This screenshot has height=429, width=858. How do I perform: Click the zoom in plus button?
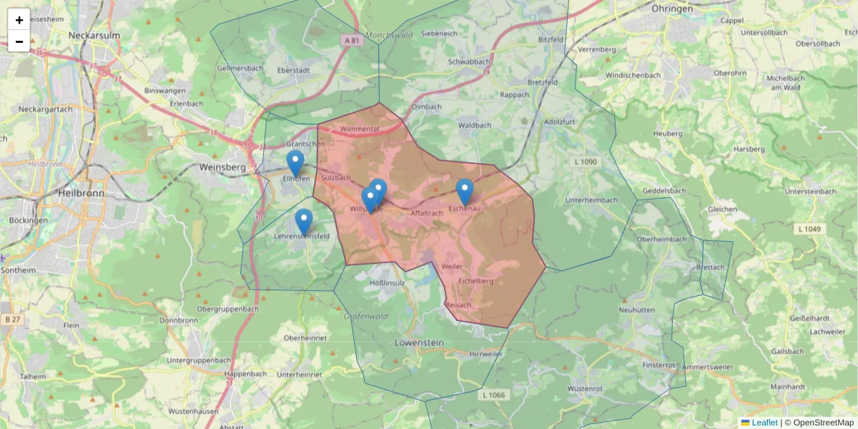pos(19,19)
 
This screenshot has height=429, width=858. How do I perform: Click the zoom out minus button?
pos(19,41)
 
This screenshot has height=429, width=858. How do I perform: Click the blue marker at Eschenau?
pos(465,192)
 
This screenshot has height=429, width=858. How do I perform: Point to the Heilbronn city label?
pos(81,193)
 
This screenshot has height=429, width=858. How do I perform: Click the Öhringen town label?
pos(672,9)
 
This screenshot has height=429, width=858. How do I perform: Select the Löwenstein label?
pos(419,343)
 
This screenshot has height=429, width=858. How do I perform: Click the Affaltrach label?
pos(428,213)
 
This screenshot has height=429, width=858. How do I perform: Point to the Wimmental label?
pos(360,129)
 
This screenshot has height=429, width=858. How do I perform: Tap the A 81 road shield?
pos(350,41)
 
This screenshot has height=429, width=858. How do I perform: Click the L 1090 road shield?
pos(585,162)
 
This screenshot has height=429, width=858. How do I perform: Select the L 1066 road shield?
pos(493,395)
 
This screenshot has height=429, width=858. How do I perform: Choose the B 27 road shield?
pos(11,320)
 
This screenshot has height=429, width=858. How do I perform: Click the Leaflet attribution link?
pos(764,423)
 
